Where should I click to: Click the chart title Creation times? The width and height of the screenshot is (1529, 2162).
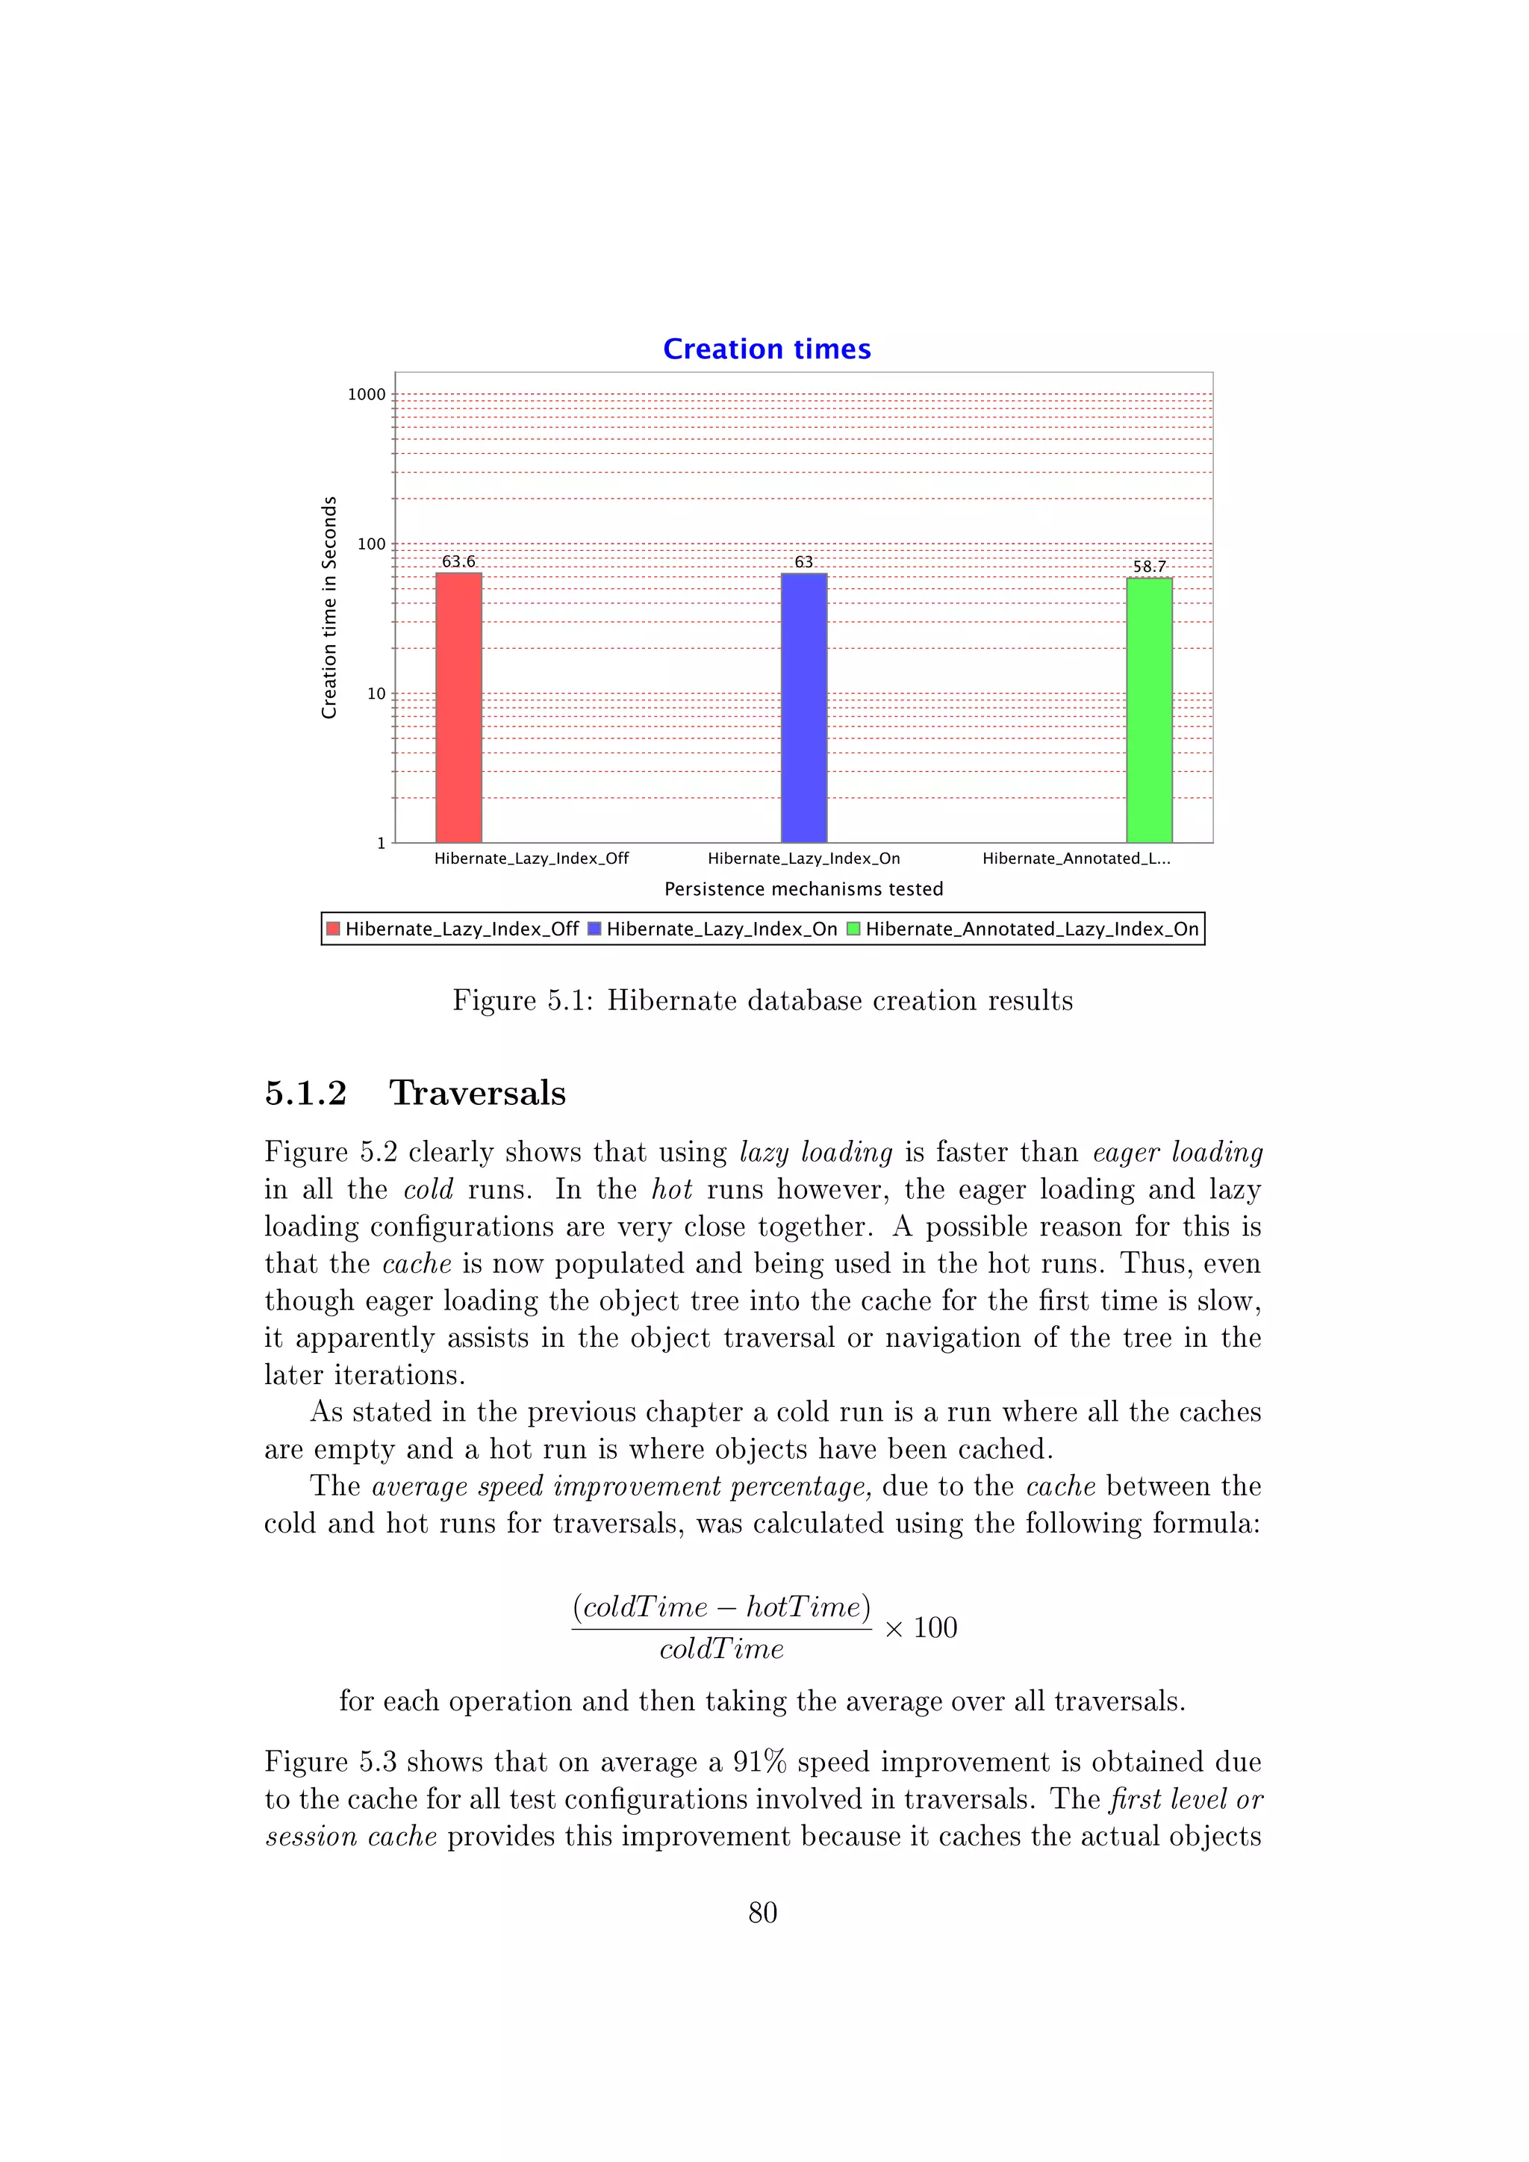pos(767,349)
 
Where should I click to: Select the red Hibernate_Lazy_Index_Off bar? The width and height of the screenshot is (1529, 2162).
pos(458,706)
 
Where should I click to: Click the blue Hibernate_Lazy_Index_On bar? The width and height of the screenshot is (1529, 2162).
pos(803,706)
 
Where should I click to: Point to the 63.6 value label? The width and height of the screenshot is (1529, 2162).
pos(458,561)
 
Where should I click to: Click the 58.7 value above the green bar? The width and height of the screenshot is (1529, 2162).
pos(1149,566)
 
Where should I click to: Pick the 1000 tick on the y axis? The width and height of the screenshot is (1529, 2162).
pos(367,394)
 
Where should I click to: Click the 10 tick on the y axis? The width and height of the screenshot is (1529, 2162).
pos(376,694)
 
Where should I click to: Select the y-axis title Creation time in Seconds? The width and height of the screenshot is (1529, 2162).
pos(328,608)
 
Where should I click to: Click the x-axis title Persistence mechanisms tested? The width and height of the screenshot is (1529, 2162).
pos(803,889)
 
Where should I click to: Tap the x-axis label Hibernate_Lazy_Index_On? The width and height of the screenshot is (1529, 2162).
pos(803,858)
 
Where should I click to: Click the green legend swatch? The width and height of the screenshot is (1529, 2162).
pos(853,929)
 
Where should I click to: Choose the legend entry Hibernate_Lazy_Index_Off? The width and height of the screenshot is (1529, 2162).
pos(461,929)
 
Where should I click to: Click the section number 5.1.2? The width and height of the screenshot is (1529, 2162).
pos(305,1092)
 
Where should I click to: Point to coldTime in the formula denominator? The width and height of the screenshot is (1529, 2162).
pos(721,1649)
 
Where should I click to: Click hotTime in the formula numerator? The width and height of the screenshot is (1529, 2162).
pos(808,1607)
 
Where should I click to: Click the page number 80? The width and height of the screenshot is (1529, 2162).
pos(762,1913)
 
